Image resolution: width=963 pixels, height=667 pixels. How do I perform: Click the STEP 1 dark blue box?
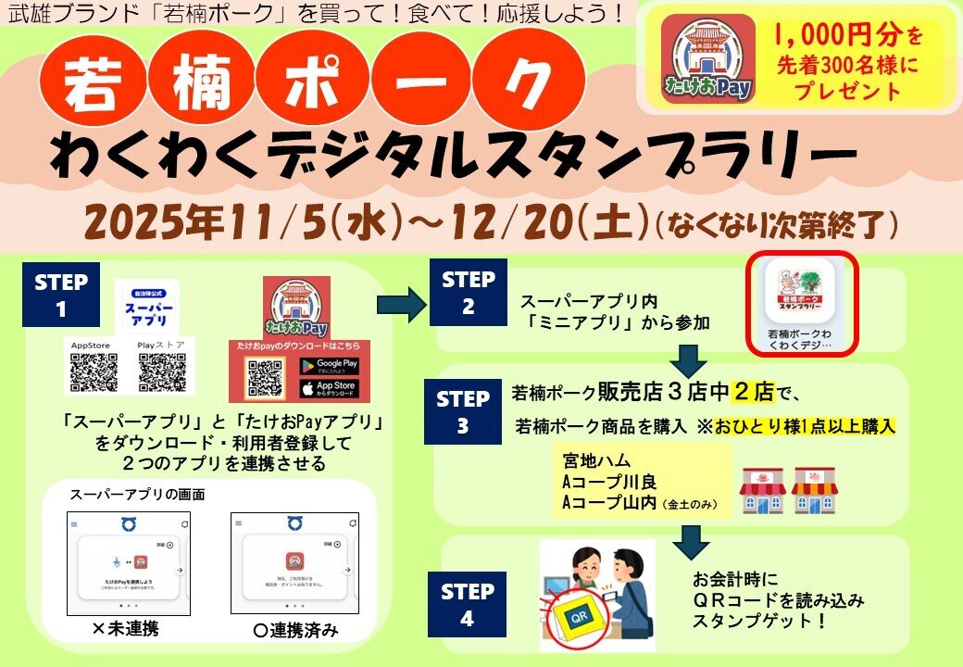(x=61, y=296)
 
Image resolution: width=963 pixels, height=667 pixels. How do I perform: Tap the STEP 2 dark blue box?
(x=469, y=292)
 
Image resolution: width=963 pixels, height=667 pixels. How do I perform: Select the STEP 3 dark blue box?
(x=463, y=412)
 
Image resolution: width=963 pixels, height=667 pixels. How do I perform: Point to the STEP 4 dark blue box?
(x=468, y=604)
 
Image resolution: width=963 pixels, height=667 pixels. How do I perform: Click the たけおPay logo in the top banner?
(x=707, y=58)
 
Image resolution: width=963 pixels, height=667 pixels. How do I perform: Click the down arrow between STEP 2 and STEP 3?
(x=687, y=359)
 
